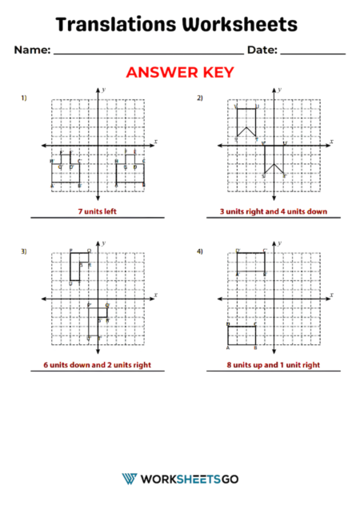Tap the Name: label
tap(32, 50)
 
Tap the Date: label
tap(262, 50)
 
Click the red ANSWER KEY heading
tap(180, 73)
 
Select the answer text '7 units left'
tap(97, 211)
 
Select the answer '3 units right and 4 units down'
tap(273, 211)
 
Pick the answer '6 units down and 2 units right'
tap(97, 365)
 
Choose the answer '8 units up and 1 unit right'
tap(273, 365)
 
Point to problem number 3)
tap(24, 251)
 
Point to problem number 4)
tap(200, 251)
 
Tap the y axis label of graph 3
tap(104, 242)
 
